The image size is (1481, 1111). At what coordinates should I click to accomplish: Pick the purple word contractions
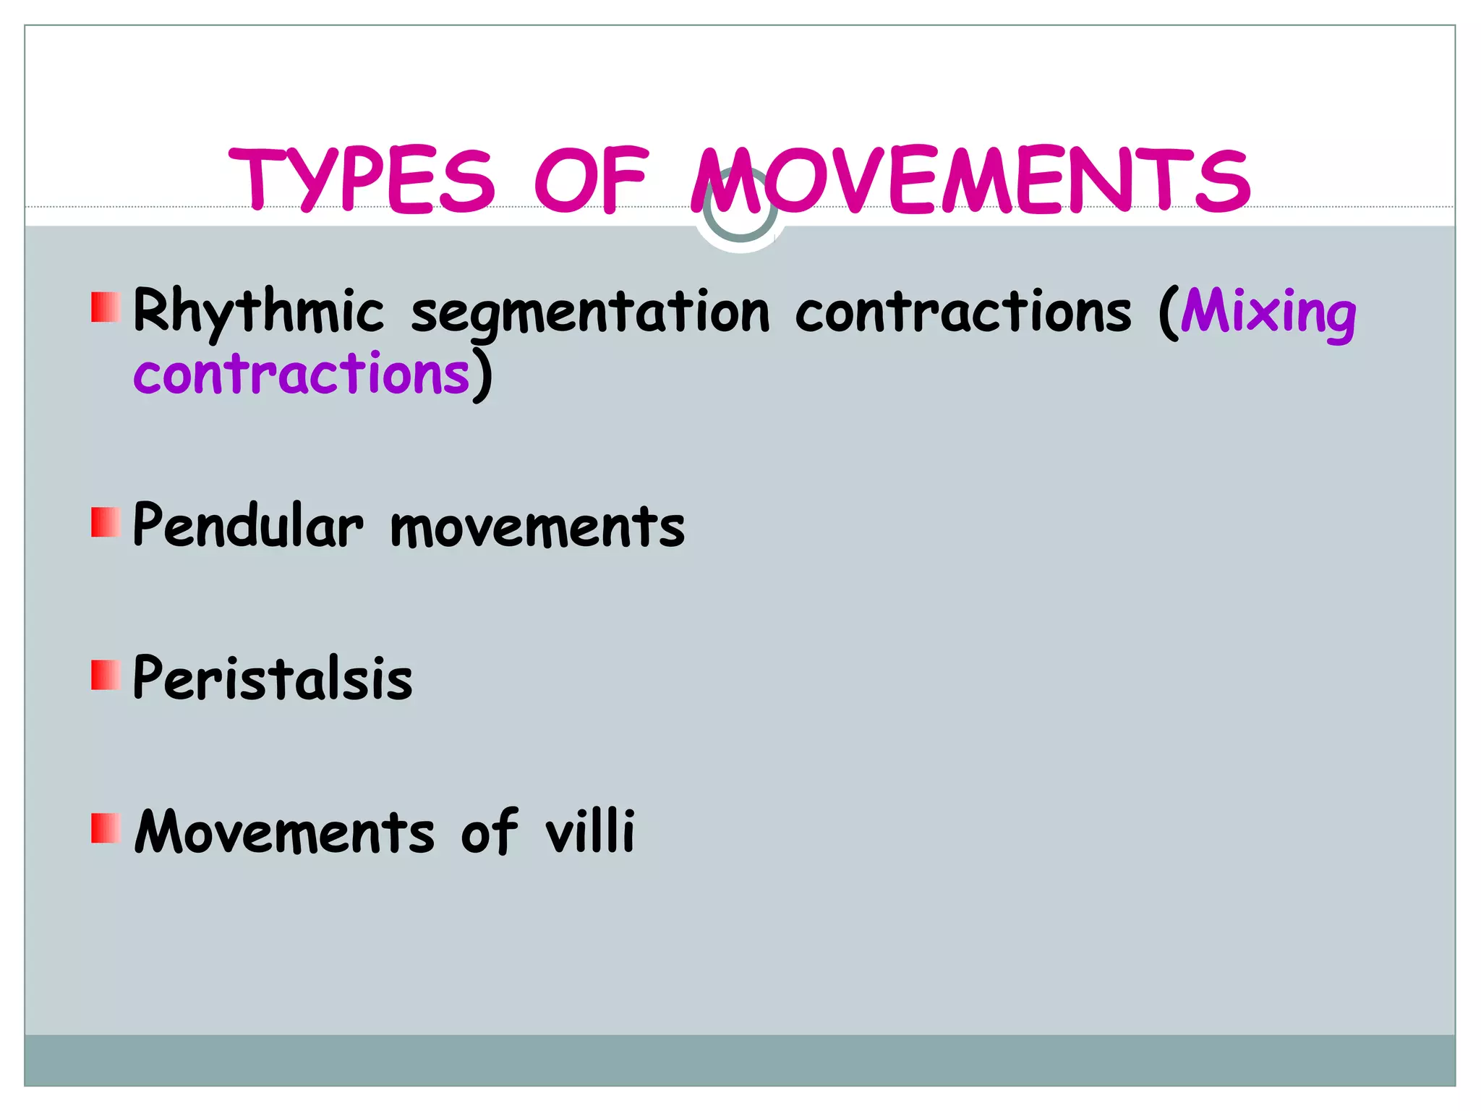coord(302,374)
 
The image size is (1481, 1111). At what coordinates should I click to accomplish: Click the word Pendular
coord(248,525)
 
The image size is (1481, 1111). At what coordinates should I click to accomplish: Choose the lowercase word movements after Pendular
coord(537,527)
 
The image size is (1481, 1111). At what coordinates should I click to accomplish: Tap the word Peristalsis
coord(273,678)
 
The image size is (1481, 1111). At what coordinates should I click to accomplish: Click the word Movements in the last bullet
coord(284,832)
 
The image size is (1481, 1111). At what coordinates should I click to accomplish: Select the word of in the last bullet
coord(490,832)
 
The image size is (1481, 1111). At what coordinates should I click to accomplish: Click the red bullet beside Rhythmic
coord(106,307)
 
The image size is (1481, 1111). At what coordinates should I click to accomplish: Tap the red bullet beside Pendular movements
coord(106,522)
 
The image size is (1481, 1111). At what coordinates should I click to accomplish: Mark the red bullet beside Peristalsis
coord(106,675)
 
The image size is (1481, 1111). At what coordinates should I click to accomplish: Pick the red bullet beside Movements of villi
coord(106,828)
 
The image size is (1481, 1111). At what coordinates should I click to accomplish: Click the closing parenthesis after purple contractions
coord(483,375)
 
